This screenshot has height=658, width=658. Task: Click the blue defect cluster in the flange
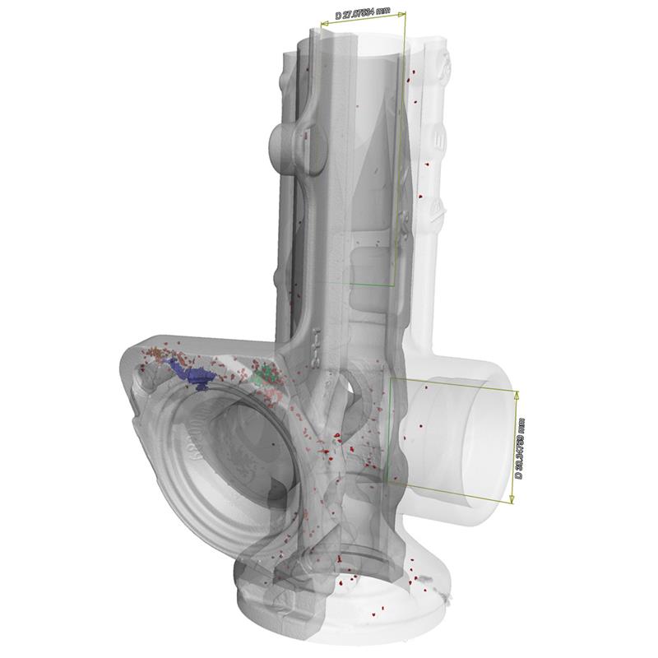pos(194,375)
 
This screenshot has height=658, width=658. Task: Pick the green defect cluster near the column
pos(264,377)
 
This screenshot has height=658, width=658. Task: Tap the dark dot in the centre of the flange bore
pos(274,444)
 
